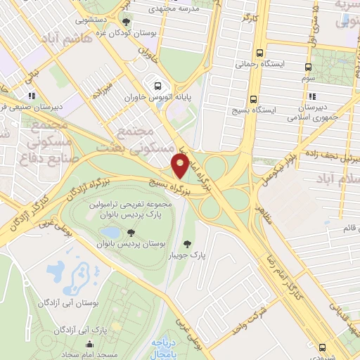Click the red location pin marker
click(180, 167)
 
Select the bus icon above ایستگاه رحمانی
click(261, 53)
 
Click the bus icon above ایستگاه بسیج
click(253, 98)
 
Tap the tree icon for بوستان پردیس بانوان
click(133, 232)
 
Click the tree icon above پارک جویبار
click(187, 244)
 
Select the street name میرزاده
click(107, 89)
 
